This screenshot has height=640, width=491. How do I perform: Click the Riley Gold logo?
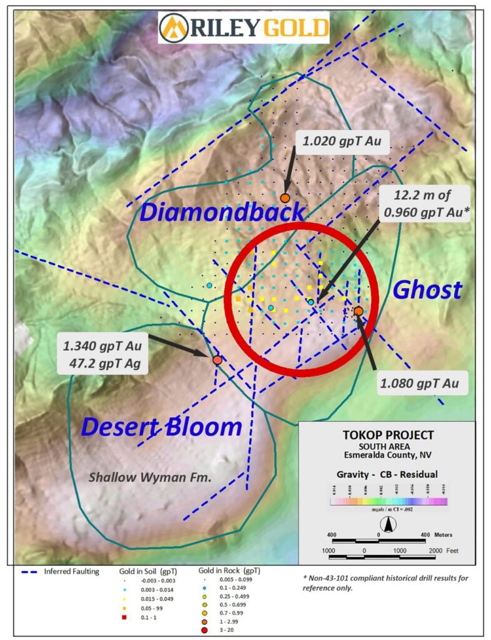pos(244,28)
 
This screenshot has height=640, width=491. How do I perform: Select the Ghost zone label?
pos(427,290)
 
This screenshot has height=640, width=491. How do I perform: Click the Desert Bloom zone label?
pos(162,427)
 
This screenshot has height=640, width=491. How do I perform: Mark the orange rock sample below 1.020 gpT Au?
pos(285,198)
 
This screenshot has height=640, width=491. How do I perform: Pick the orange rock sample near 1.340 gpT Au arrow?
pos(217,360)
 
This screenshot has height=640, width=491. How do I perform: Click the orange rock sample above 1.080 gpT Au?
pos(359,311)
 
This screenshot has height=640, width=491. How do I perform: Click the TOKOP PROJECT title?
pos(388,435)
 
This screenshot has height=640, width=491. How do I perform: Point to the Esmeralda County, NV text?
pos(388,455)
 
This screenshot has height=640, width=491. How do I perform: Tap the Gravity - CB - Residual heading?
pos(388,474)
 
